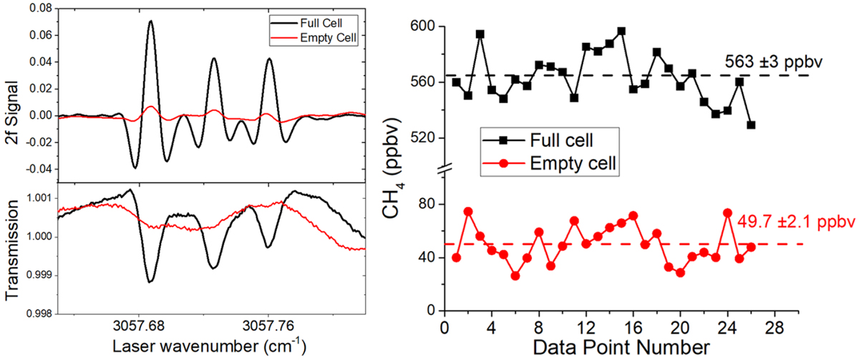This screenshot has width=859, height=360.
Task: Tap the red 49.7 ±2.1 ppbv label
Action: click(790, 223)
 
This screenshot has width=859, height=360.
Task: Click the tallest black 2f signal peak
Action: click(151, 21)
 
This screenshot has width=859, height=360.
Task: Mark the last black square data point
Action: click(751, 125)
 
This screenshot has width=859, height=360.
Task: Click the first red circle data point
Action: click(457, 258)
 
